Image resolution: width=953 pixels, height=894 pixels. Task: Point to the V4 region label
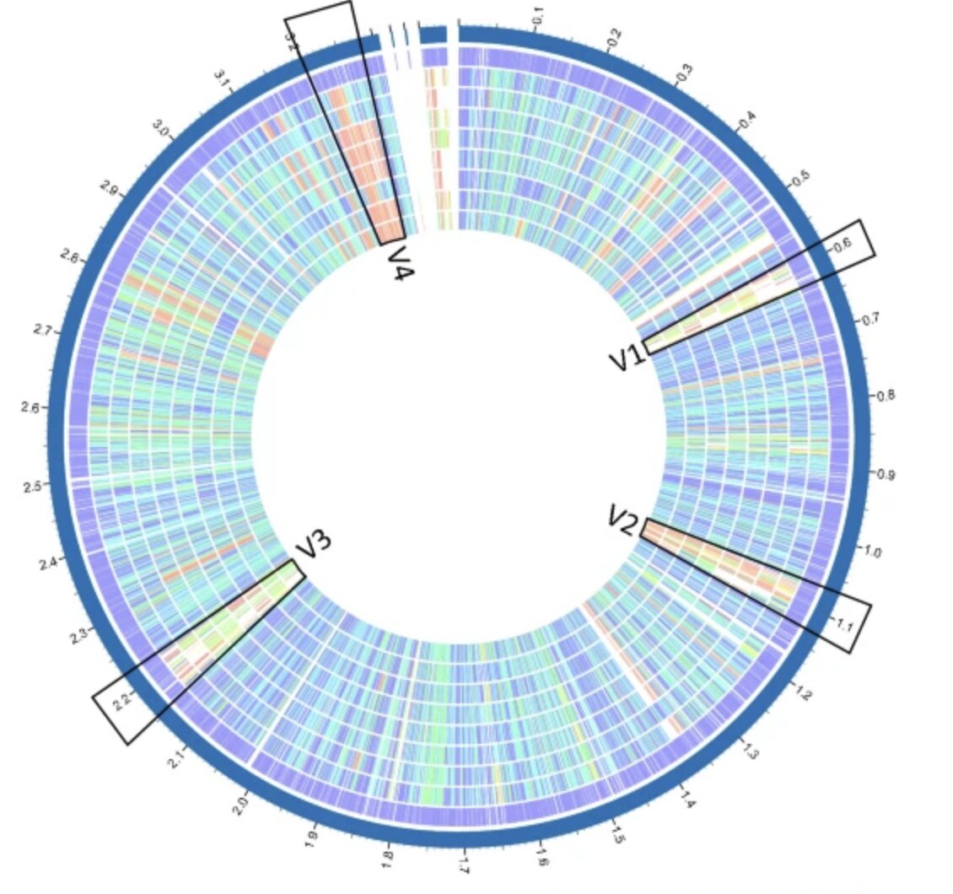[396, 263]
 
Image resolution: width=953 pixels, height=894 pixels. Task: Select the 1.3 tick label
[750, 750]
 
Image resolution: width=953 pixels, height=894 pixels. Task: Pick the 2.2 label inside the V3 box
[123, 699]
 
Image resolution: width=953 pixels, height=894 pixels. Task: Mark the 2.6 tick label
[32, 407]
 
